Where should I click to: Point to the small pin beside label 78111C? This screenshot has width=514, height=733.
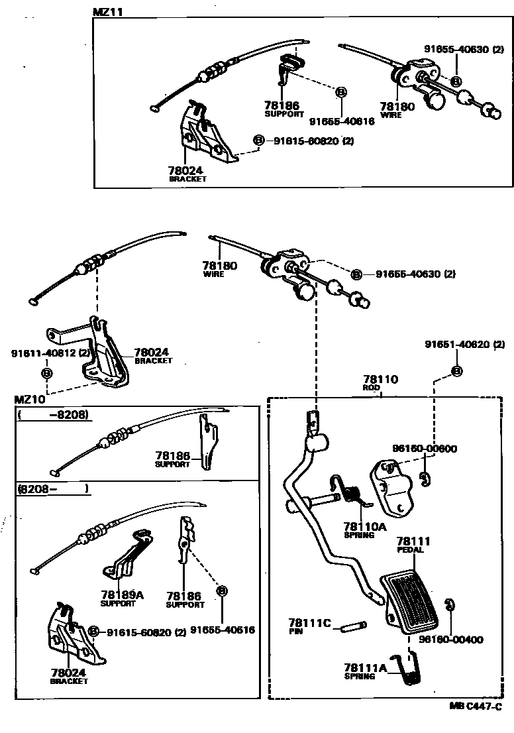[x=356, y=626]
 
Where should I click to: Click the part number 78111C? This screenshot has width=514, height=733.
[x=309, y=623]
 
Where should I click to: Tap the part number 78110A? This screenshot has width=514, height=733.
[x=364, y=526]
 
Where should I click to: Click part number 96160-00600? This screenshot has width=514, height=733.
[x=424, y=449]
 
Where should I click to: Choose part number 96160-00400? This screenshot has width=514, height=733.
[x=450, y=640]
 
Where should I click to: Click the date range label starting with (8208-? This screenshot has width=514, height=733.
[x=53, y=490]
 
